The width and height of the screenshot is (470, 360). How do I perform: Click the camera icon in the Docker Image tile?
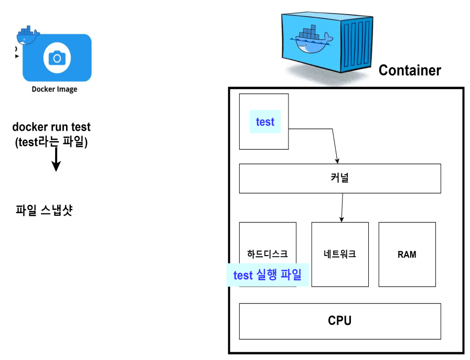(x=57, y=58)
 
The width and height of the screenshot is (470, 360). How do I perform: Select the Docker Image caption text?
(x=55, y=89)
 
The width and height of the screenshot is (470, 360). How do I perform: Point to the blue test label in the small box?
(x=265, y=122)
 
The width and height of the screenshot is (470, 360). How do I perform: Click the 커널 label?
(x=340, y=178)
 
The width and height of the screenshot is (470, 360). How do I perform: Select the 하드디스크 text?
(x=268, y=254)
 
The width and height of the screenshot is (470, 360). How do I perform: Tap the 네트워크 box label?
(x=340, y=254)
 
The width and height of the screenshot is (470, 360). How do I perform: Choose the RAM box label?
(x=407, y=255)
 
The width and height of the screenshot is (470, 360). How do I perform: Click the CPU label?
(x=340, y=321)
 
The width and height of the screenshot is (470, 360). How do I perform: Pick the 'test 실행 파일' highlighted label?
(x=268, y=275)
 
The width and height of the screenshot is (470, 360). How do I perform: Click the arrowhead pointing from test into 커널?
(x=337, y=161)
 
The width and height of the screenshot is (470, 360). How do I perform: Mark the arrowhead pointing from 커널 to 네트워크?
(x=341, y=219)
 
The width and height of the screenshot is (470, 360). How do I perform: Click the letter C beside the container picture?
(x=383, y=70)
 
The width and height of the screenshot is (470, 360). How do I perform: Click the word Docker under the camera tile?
(x=43, y=89)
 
